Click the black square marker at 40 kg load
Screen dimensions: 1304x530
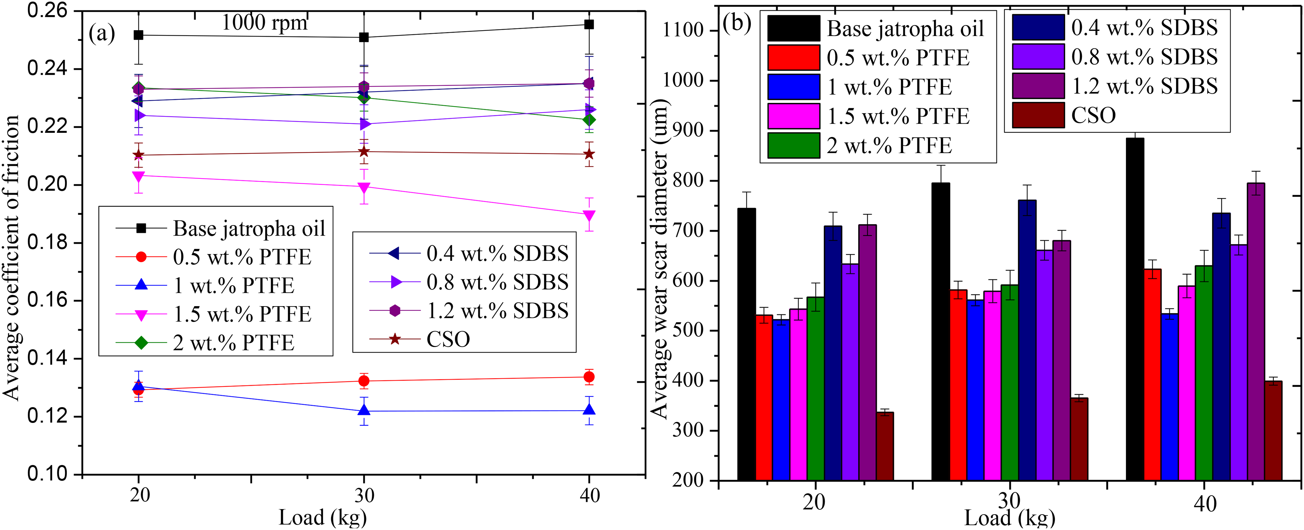point(589,24)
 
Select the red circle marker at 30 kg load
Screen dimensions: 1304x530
point(363,381)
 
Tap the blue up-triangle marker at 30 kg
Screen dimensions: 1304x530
point(363,410)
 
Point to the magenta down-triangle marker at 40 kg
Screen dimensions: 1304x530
point(589,216)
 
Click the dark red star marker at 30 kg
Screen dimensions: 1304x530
point(363,152)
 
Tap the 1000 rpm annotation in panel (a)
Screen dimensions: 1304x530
point(264,23)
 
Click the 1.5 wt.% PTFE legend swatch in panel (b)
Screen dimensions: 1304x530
point(793,116)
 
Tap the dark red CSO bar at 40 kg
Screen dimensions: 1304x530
point(1273,431)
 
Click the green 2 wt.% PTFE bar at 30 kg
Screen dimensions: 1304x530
point(1009,383)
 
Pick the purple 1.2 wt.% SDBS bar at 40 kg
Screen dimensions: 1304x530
point(1256,332)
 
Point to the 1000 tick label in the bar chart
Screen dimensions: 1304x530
point(684,81)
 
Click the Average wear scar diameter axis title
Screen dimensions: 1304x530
point(660,258)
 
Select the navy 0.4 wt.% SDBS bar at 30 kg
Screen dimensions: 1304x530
point(1027,340)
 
